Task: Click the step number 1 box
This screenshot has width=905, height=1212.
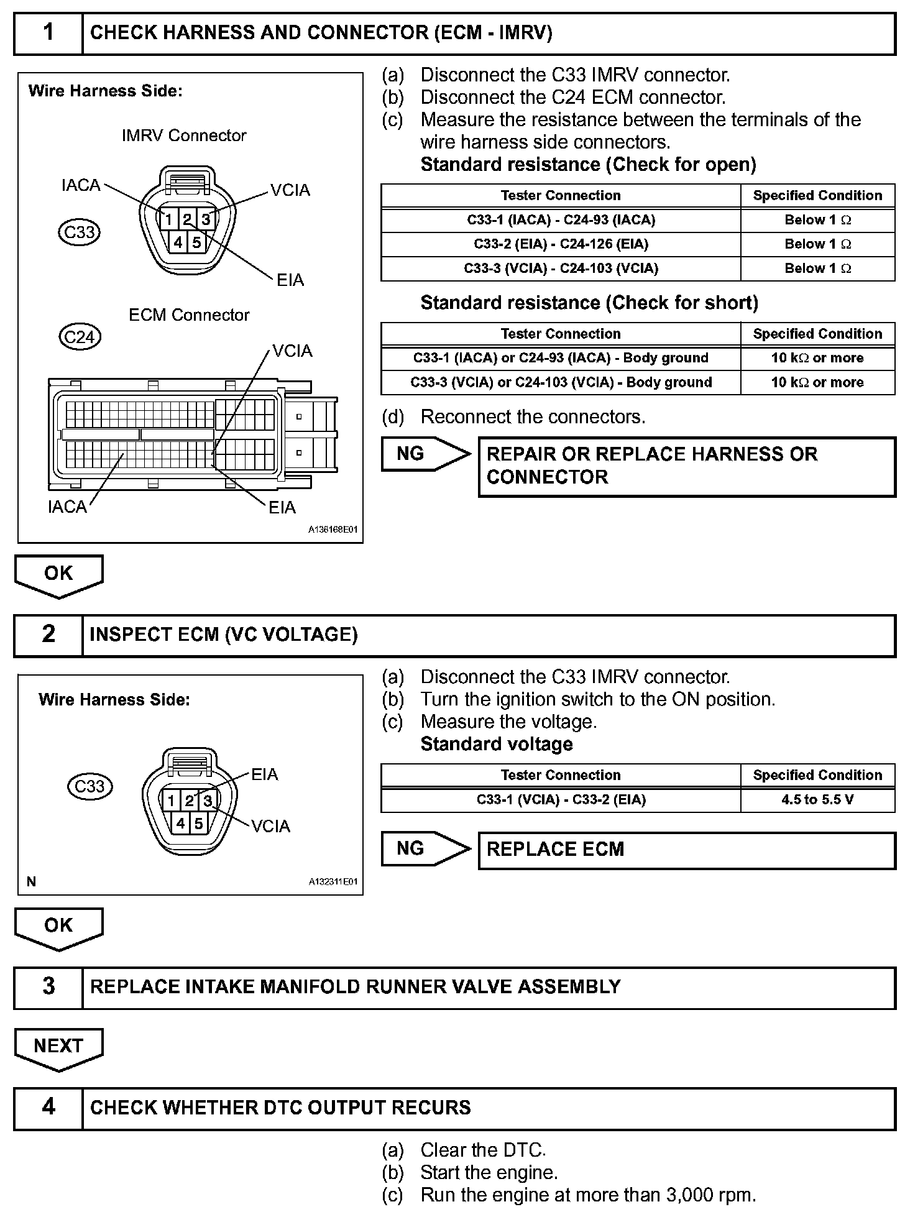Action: point(48,33)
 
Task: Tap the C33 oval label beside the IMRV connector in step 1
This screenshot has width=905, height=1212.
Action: point(80,232)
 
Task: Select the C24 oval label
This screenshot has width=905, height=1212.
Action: point(80,337)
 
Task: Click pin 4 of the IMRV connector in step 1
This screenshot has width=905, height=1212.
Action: point(178,242)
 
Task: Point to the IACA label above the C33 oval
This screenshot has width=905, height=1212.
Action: point(81,185)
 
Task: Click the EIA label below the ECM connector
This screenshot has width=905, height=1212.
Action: point(282,508)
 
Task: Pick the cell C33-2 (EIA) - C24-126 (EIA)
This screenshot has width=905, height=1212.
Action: point(561,244)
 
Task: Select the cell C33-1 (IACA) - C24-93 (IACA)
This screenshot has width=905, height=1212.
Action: point(561,220)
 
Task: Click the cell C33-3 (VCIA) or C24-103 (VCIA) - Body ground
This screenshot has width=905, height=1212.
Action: point(561,382)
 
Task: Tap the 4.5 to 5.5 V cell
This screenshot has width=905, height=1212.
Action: point(817,799)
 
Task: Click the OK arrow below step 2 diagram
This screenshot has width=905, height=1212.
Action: point(58,927)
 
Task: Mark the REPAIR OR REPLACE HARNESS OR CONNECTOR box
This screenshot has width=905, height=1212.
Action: point(686,466)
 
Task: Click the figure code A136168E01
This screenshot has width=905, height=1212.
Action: point(333,530)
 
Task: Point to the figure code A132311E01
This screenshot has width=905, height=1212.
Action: point(333,882)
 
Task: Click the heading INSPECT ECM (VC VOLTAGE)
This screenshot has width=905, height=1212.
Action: point(224,635)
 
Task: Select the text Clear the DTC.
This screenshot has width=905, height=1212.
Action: point(483,1150)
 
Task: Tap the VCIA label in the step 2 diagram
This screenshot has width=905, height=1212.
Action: point(270,827)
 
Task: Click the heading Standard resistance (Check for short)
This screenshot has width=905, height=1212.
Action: point(589,303)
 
